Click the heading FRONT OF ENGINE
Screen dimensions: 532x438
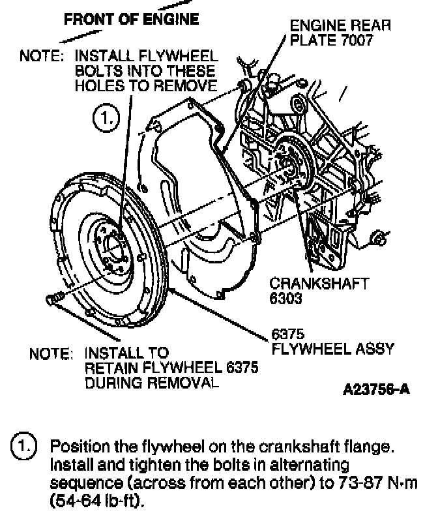pyautogui.click(x=131, y=19)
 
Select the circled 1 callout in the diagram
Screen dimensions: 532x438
pyautogui.click(x=107, y=119)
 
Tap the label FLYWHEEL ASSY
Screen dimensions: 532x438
pyautogui.click(x=332, y=348)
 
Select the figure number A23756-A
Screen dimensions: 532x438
pyautogui.click(x=376, y=390)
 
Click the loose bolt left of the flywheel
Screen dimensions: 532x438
pyautogui.click(x=53, y=299)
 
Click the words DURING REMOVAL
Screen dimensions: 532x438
pyautogui.click(x=149, y=383)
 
